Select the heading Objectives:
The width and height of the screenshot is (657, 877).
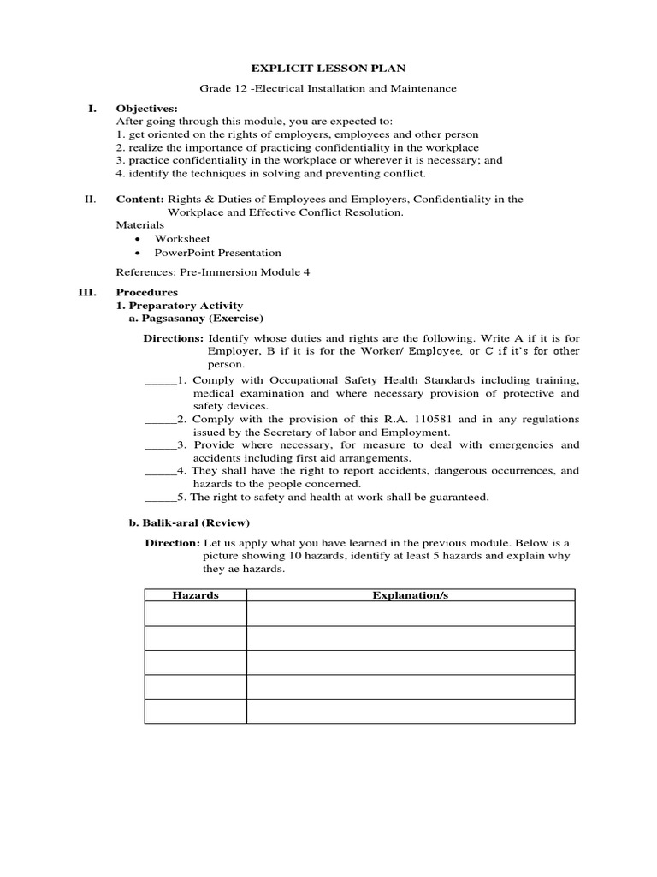(x=146, y=109)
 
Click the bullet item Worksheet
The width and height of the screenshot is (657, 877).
(x=181, y=239)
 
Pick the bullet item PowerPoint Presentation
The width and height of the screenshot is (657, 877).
(x=217, y=253)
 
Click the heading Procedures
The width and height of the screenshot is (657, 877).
(x=146, y=292)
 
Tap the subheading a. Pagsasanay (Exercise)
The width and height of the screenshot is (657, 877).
(x=190, y=319)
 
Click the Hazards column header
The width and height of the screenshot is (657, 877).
(x=195, y=594)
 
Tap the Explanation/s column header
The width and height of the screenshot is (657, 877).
(x=410, y=594)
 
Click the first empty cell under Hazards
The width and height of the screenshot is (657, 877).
(x=195, y=613)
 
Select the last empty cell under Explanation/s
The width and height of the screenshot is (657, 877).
(x=410, y=712)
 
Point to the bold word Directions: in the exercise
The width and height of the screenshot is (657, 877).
(x=173, y=338)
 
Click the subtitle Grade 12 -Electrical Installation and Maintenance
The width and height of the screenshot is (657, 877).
(x=328, y=88)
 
